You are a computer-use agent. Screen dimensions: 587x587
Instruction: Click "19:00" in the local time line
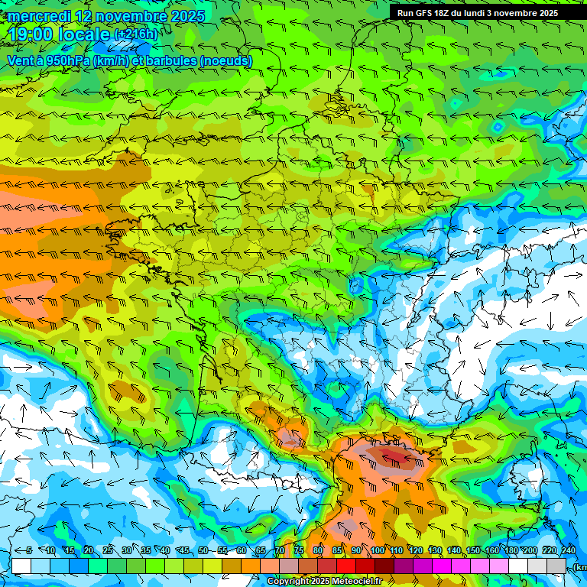coord(29,34)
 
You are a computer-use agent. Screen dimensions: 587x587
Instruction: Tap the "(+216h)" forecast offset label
coord(136,35)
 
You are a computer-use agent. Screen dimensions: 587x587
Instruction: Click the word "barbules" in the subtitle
coord(167,60)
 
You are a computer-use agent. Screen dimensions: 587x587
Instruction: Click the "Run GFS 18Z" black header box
coord(488,12)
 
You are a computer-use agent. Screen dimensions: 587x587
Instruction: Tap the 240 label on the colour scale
coord(568,551)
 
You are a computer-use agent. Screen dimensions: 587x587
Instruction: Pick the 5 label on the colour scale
coord(28,551)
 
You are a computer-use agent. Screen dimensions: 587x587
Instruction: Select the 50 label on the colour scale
coord(203,551)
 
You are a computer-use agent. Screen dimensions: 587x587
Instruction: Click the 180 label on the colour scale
coord(511,551)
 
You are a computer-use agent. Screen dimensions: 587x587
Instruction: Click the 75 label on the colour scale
coord(299,551)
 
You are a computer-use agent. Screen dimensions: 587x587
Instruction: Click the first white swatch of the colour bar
coord(21,566)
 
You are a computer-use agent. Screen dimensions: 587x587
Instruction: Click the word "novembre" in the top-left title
coord(132,16)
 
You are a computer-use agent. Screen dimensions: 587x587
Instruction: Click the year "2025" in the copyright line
coord(317,582)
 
